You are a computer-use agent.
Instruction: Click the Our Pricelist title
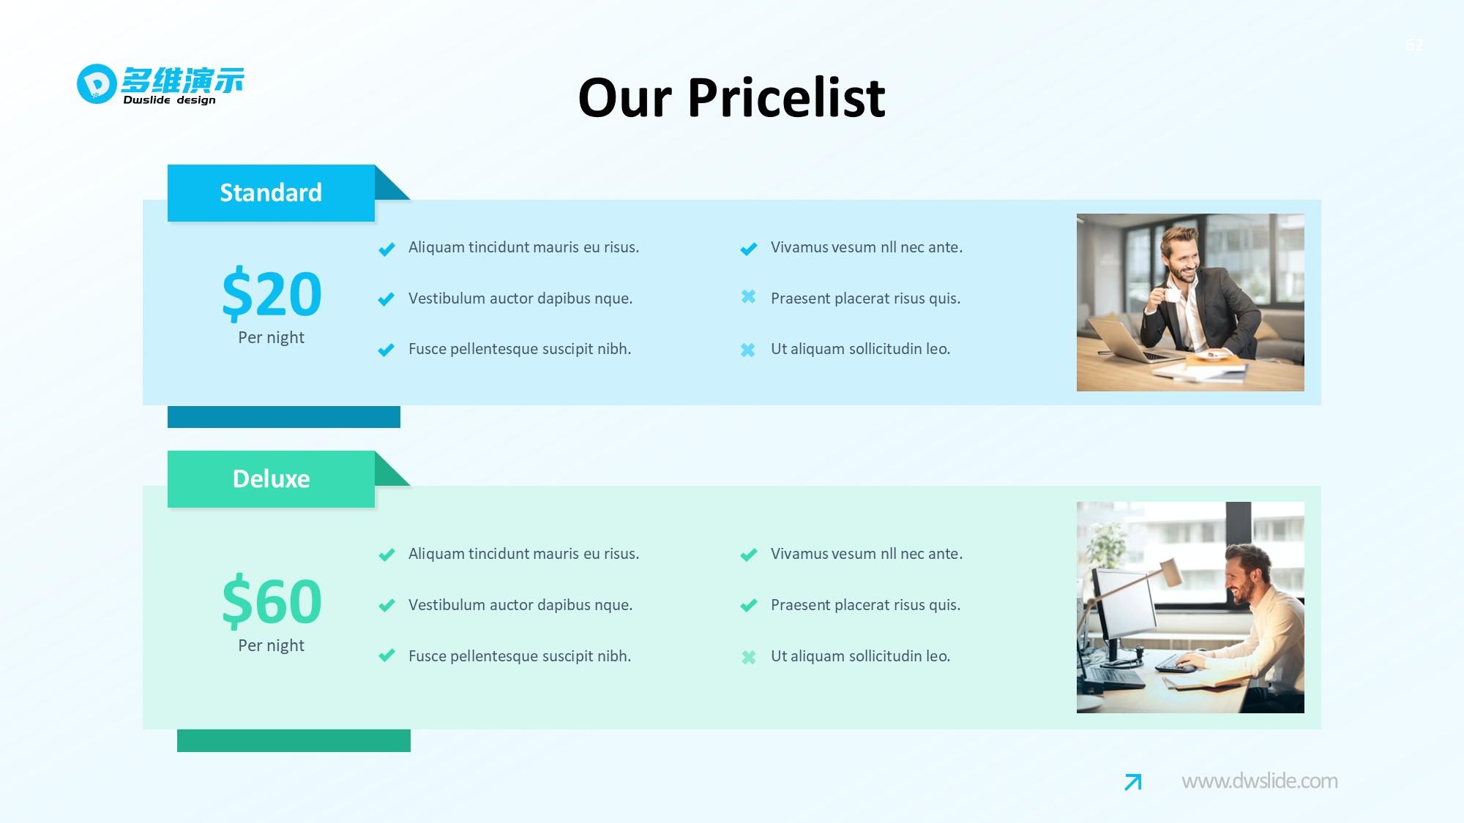click(731, 98)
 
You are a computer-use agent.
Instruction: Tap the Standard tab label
click(271, 192)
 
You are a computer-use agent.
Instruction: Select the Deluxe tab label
click(271, 479)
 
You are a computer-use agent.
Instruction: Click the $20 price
click(272, 294)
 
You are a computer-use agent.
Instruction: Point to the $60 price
click(272, 601)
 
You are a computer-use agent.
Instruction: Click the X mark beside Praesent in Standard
click(748, 297)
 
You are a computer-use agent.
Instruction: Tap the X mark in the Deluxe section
click(748, 657)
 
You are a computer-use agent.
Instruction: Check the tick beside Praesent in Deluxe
click(748, 605)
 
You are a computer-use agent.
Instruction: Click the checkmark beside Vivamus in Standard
click(748, 249)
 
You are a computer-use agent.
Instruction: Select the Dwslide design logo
click(160, 85)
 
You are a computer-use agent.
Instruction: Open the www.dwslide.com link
click(1260, 781)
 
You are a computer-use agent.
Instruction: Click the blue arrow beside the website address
click(1133, 782)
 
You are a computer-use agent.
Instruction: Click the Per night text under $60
click(271, 645)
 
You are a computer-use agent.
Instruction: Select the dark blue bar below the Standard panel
click(284, 417)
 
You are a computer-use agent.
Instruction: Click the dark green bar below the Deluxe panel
click(294, 740)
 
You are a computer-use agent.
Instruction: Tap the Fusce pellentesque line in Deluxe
click(520, 656)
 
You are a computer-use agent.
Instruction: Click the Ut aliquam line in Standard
click(860, 349)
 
